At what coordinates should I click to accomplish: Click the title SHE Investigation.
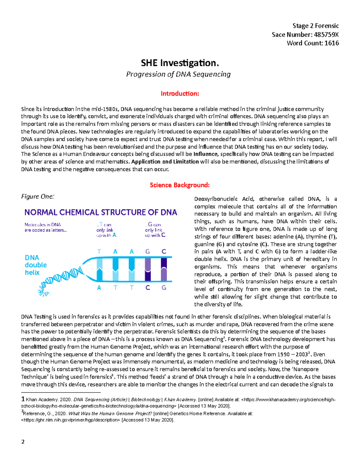pyautogui.click(x=180, y=63)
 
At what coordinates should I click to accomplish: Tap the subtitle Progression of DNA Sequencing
pyautogui.click(x=178, y=74)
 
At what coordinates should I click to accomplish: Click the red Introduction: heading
pyautogui.click(x=180, y=94)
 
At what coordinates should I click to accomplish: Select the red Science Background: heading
pyautogui.click(x=180, y=185)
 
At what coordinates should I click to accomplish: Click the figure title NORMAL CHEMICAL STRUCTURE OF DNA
pyautogui.click(x=100, y=212)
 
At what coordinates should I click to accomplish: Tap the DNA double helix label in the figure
pyautogui.click(x=35, y=265)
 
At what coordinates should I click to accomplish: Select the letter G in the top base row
pyautogui.click(x=148, y=251)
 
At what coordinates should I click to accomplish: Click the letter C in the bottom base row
pyautogui.click(x=148, y=287)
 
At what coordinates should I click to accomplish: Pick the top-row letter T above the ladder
pyautogui.click(x=99, y=251)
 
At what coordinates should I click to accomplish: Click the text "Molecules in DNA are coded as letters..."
pyautogui.click(x=45, y=227)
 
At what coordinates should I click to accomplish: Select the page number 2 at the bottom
pyautogui.click(x=23, y=442)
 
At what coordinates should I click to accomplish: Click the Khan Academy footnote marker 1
pyautogui.click(x=23, y=399)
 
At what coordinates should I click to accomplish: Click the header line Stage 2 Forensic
pyautogui.click(x=316, y=26)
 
